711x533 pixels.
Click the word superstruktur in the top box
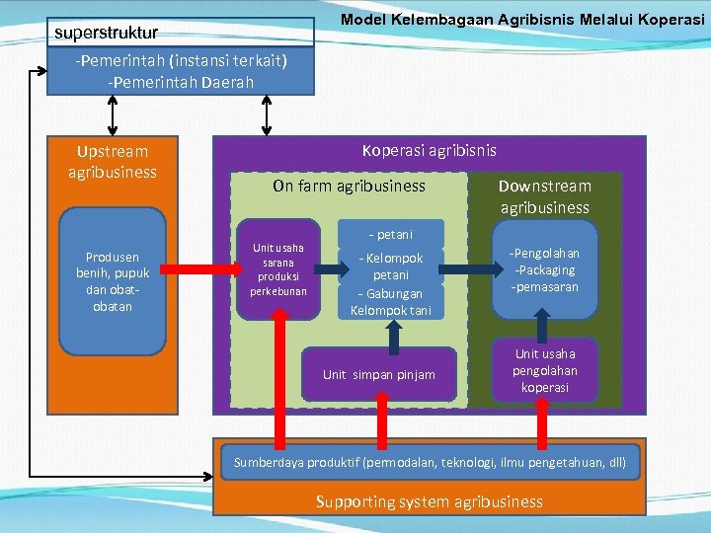coord(106,34)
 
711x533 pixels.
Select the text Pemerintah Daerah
coord(183,81)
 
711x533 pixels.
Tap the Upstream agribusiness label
coord(113,162)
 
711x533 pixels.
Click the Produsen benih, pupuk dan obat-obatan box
coord(112,281)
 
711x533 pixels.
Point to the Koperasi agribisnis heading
coord(429,151)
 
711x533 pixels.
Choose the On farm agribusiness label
coord(349,186)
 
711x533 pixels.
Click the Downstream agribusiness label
coord(544,196)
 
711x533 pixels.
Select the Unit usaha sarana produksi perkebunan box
coord(277,269)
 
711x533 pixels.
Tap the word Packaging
coord(546,270)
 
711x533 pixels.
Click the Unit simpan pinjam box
coord(378,374)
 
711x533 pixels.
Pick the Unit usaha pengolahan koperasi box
coord(544,371)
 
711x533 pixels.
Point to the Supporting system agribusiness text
coord(429,501)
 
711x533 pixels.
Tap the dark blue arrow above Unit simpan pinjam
coord(395,337)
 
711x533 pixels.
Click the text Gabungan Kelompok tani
coord(390,302)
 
